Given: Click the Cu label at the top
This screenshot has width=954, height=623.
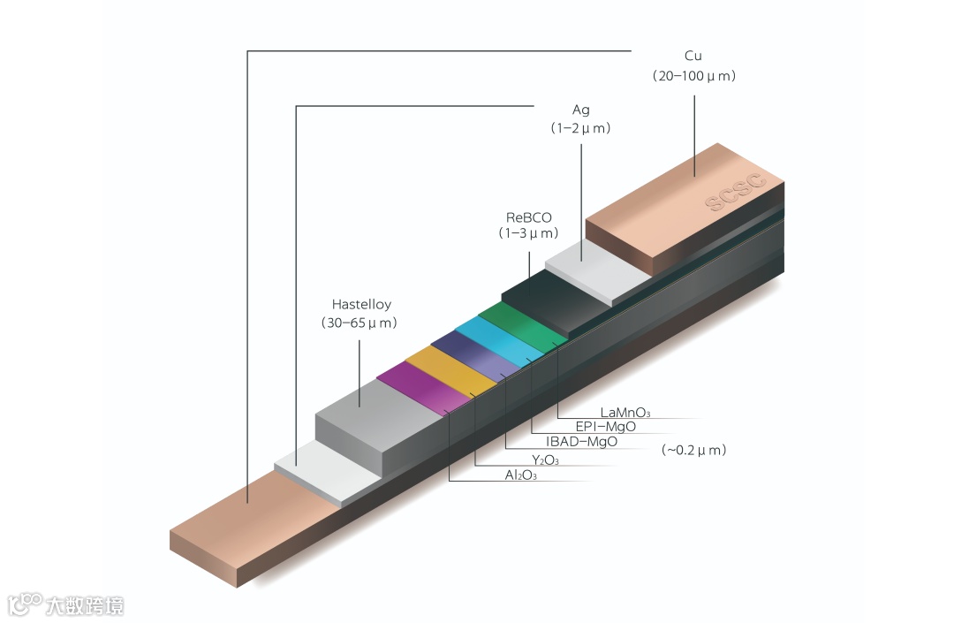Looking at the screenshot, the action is click(693, 57).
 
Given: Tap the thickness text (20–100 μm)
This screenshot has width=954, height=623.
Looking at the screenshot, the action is click(694, 76).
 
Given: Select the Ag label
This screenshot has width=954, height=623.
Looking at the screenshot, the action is click(580, 110).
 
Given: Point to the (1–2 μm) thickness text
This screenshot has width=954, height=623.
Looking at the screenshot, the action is click(580, 128).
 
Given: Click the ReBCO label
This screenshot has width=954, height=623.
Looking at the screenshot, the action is click(528, 217).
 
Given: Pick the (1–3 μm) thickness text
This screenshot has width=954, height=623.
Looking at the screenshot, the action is click(528, 234).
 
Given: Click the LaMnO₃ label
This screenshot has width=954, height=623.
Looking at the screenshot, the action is click(625, 412).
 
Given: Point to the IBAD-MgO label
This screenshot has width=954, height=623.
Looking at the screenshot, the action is click(581, 442).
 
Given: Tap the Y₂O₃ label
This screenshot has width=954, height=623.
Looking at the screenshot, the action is click(545, 460).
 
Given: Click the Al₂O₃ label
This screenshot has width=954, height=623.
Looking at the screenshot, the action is click(520, 475).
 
